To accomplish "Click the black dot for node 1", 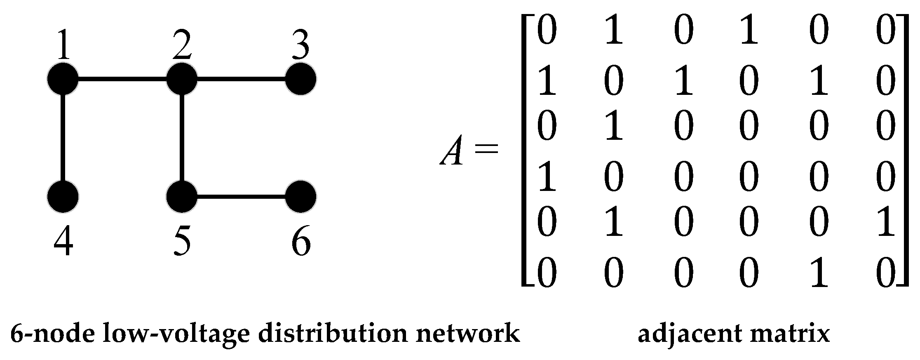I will (63, 78).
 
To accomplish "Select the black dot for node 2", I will (181, 78).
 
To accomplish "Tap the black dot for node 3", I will (301, 78).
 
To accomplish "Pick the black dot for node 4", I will (63, 197).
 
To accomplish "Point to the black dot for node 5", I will (181, 197).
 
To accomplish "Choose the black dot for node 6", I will (301, 197).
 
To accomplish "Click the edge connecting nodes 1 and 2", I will (122, 78).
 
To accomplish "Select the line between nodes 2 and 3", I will (241, 78).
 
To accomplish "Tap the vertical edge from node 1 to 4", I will (63, 137).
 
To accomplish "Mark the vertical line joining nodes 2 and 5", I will (181, 137).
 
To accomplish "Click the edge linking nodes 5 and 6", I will (241, 197).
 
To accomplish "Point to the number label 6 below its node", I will (301, 243).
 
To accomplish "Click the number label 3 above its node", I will (301, 45).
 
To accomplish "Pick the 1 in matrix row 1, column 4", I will (749, 31).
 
